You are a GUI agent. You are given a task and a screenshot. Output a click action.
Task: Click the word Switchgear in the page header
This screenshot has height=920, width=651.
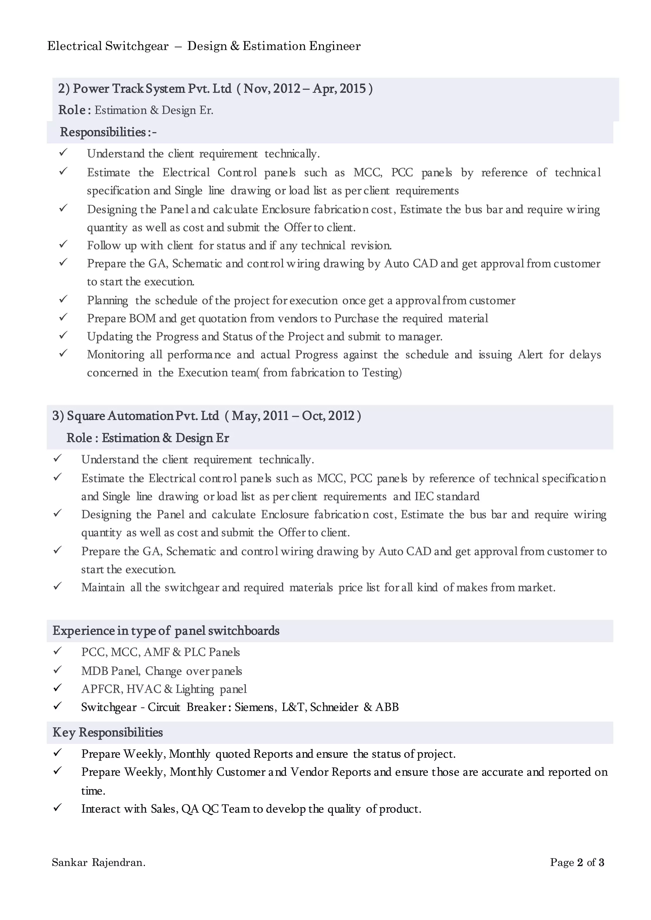pos(137,46)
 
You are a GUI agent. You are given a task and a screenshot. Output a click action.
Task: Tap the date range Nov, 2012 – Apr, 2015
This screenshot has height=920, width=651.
pos(307,89)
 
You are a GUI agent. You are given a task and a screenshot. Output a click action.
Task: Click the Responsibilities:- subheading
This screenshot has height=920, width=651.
pos(108,132)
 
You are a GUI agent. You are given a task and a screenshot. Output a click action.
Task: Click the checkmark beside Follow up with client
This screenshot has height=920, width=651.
pos(63,244)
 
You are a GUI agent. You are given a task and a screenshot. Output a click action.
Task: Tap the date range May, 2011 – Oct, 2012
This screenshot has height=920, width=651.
pos(293,416)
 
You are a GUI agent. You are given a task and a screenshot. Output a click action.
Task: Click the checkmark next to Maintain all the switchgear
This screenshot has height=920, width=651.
pos(57,586)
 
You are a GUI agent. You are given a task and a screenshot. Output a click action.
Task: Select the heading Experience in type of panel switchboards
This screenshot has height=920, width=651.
pos(166,631)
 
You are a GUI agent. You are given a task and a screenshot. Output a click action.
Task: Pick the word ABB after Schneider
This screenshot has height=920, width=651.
pos(387,707)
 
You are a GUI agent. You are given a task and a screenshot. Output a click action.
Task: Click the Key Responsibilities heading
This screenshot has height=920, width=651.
pos(107,733)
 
